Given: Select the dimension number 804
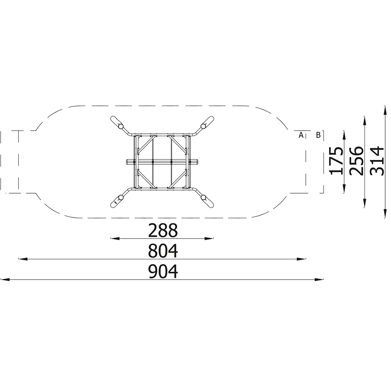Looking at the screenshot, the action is (163, 251).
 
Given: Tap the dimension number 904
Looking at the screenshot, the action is (163, 272).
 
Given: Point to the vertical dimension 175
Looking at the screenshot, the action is (336, 161).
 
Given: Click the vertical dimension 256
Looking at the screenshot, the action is (356, 161).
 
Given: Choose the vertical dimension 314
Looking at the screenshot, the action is (377, 161).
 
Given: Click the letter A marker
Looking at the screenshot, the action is (301, 135).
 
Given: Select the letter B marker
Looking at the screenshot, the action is (318, 135).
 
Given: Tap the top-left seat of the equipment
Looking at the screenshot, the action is (117, 122).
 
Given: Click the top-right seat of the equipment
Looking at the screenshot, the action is (208, 122).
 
